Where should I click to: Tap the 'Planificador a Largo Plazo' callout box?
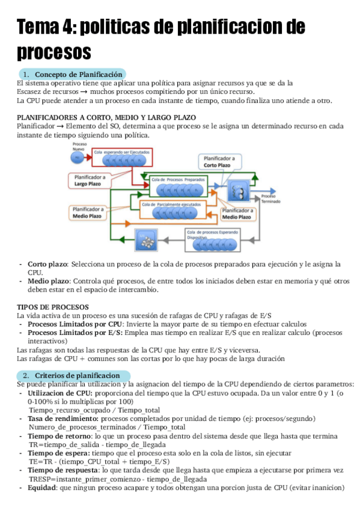point(91,180)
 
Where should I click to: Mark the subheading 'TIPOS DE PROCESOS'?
point(53,307)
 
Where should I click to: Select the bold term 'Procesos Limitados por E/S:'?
point(75,333)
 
